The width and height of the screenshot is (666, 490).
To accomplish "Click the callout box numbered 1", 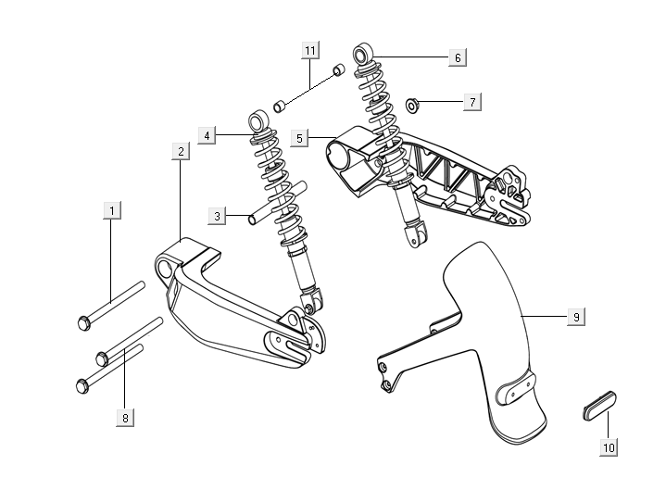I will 111,211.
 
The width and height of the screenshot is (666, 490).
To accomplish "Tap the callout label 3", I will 218,216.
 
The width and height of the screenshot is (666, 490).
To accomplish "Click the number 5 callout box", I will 298,138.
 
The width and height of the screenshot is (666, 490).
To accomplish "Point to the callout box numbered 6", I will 456,57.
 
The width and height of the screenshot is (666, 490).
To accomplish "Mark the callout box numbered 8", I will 124,417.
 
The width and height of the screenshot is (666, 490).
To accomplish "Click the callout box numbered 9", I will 575,317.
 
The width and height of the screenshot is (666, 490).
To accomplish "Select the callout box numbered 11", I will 309,48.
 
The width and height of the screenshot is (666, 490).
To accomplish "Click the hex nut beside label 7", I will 413,103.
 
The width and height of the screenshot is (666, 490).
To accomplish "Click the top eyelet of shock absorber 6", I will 364,51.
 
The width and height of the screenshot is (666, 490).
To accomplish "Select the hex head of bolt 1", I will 82,323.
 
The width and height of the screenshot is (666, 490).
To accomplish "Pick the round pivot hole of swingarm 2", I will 166,270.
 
